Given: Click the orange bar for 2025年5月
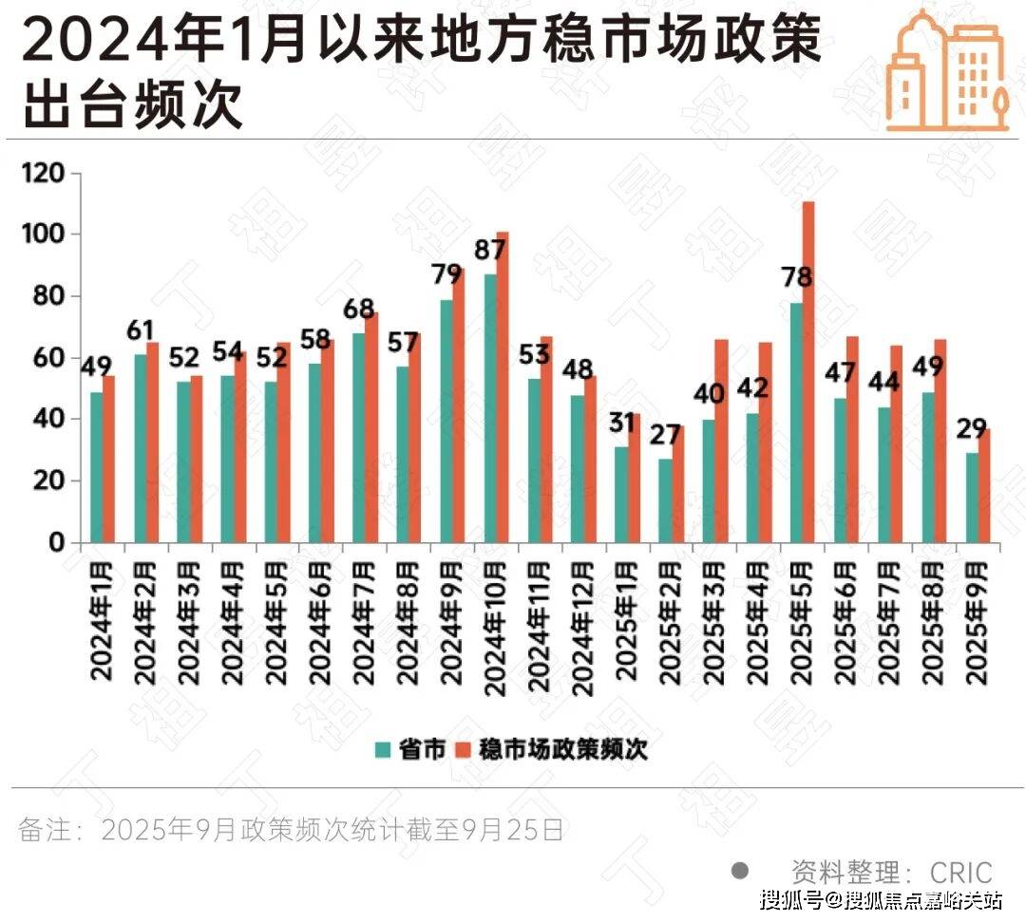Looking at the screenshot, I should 808,372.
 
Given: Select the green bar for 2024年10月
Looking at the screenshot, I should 490,408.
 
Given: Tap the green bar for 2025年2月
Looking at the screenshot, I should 665,500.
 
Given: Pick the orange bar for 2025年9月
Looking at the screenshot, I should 984,486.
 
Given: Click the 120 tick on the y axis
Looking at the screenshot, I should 46,174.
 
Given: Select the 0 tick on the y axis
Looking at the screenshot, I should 56,543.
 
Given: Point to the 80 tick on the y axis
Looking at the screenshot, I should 49,296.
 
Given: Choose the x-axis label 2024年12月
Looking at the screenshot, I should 582,626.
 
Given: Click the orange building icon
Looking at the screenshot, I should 947,70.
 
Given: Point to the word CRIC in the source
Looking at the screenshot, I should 960,872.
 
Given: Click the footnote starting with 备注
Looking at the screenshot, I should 291,831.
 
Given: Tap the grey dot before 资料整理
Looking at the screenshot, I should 740,870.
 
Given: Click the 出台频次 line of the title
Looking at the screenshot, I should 133,107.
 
